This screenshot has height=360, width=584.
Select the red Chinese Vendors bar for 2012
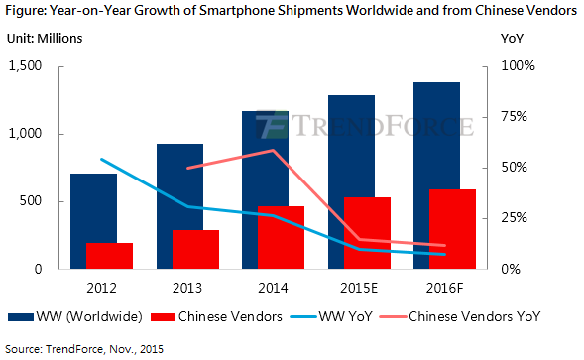coord(109,256)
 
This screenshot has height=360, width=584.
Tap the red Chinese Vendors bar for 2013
coord(195,249)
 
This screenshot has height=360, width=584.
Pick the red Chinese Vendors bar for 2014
coord(282,237)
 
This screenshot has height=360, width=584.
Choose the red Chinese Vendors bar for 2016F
coord(452,229)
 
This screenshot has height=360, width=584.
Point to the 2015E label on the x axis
coord(359,288)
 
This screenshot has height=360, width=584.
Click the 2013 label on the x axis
coord(187,288)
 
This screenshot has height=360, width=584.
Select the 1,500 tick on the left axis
coord(25,66)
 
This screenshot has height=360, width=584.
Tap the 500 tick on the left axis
coord(31,201)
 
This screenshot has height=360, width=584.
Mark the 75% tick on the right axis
coord(514,117)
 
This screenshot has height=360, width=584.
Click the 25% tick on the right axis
coord(514,218)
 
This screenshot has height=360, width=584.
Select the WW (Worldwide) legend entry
coord(75,316)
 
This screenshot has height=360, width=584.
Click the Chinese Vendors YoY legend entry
coord(460,316)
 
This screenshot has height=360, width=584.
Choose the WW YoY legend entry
coord(331,316)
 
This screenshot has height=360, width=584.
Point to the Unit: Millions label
coord(45,39)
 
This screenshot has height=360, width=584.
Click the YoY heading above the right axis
coord(512,39)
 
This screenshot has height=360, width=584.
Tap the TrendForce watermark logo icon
coord(272,125)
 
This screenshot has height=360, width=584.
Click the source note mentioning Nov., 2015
coord(84,349)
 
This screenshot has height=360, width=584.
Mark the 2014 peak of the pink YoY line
coord(273,150)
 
